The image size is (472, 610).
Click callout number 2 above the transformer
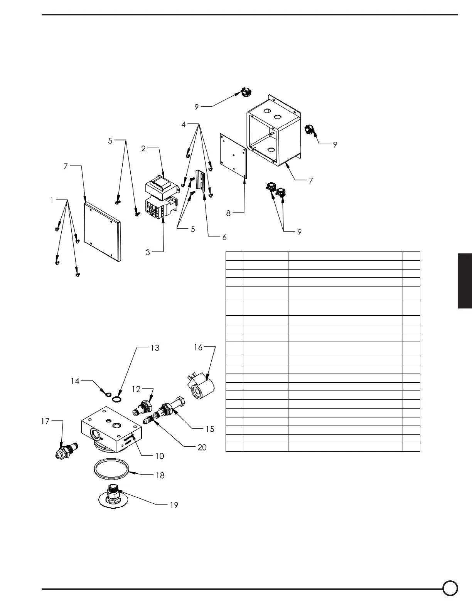coord(143,149)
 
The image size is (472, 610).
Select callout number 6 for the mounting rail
coord(224,237)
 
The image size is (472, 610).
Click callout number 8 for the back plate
coord(229,213)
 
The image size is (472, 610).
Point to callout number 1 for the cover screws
coord(52,200)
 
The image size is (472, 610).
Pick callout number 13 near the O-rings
coord(155,348)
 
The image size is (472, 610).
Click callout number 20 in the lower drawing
coord(202,447)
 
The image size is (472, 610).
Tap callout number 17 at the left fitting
coord(46,421)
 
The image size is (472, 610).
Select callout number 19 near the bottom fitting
coord(174,504)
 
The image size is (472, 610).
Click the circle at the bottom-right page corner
coord(450,588)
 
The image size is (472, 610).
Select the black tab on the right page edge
coord(465,281)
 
